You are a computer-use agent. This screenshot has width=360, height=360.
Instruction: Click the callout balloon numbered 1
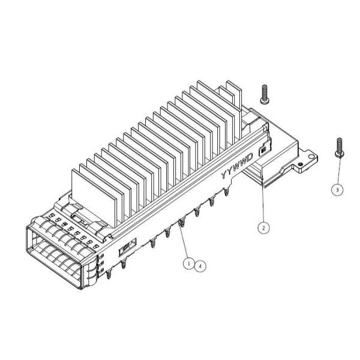(188, 263)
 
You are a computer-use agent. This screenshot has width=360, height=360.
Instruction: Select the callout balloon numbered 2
(262, 227)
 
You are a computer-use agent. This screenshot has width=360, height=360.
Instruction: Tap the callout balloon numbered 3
(338, 188)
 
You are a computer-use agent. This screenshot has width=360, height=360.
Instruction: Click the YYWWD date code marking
(235, 167)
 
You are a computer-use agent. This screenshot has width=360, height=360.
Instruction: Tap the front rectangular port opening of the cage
(54, 252)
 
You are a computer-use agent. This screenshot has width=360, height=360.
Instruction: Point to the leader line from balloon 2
(263, 204)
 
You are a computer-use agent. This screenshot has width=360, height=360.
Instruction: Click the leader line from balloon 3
(339, 171)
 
